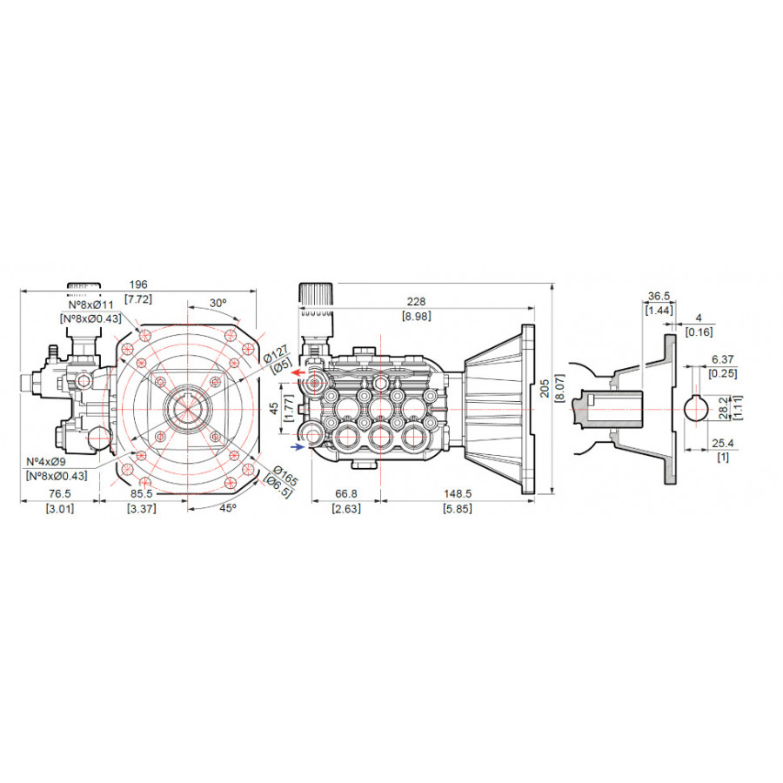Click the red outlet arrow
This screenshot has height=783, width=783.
coord(298,372)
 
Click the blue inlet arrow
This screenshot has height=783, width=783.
coord(298,447)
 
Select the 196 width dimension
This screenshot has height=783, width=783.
coord(138,284)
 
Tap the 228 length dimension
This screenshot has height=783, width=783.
coord(416,301)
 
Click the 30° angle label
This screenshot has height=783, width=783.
coord(217,303)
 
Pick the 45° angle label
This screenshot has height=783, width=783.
coord(228,508)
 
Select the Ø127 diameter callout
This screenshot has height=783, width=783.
coord(276,352)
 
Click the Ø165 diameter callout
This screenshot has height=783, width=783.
coord(284,476)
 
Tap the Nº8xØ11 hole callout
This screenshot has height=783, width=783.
coord(90,304)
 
